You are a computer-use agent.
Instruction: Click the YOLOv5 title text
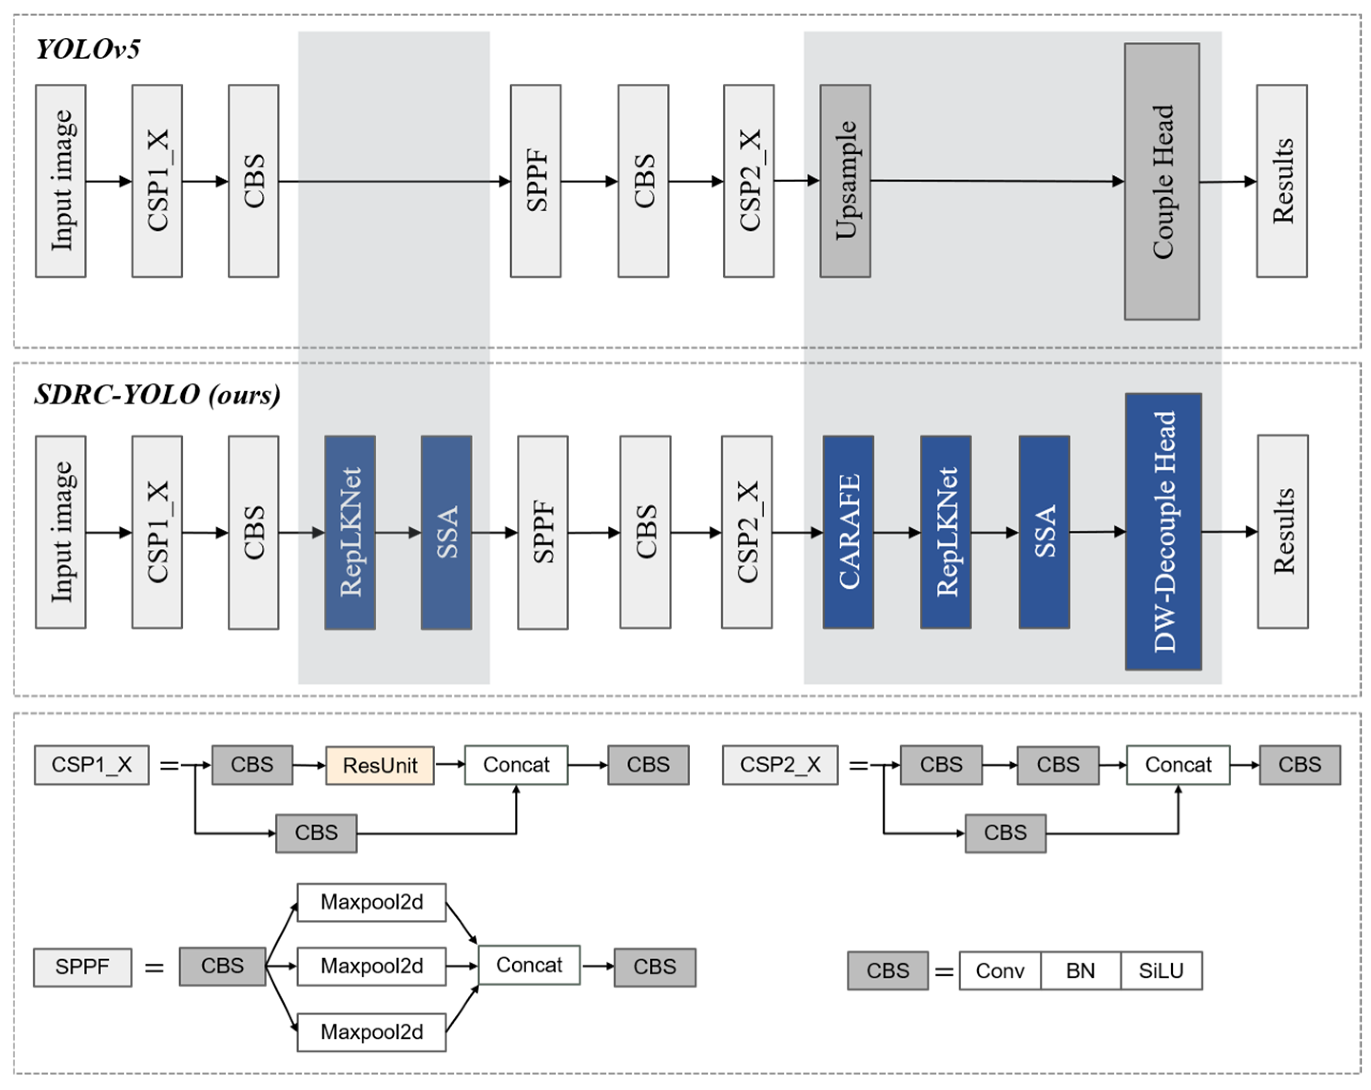88,49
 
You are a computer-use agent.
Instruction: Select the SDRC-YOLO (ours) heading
157,395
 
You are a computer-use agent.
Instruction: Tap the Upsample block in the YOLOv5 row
844,181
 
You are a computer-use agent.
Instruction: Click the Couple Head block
1162,181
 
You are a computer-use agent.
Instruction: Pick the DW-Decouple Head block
1163,531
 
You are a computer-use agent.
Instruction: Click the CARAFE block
848,532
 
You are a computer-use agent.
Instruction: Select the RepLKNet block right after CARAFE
946,532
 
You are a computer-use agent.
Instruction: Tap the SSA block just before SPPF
446,533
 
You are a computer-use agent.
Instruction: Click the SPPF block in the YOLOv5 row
535,181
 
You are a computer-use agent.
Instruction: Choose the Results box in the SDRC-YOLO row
1283,531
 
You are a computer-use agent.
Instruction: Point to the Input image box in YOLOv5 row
60,181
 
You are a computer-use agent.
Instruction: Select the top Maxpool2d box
371,902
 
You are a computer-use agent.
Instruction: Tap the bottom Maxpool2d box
371,1032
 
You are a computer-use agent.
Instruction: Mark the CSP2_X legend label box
780,765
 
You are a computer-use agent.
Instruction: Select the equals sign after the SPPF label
154,968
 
